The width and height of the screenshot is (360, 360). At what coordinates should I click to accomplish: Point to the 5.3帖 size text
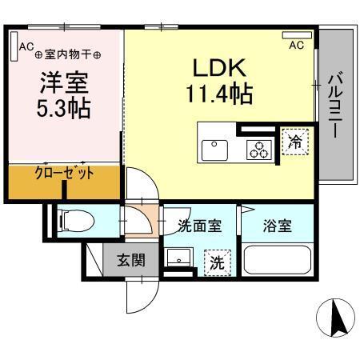60,109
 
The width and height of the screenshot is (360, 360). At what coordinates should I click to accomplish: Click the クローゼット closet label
64,174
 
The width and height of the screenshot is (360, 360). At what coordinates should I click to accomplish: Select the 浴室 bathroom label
278,226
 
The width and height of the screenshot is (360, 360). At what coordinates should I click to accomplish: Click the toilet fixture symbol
71,217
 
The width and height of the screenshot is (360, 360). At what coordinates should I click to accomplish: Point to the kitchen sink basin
214,147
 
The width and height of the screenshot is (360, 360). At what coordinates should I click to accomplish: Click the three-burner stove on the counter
260,148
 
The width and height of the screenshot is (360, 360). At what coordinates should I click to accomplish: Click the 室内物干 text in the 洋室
67,54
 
